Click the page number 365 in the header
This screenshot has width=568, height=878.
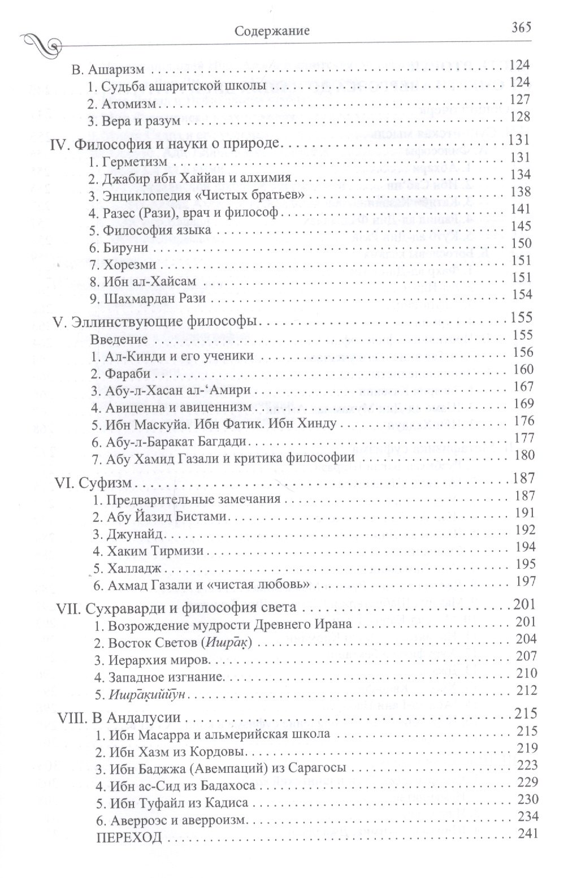coord(523,29)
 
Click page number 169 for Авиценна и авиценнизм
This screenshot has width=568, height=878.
coord(521,405)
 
